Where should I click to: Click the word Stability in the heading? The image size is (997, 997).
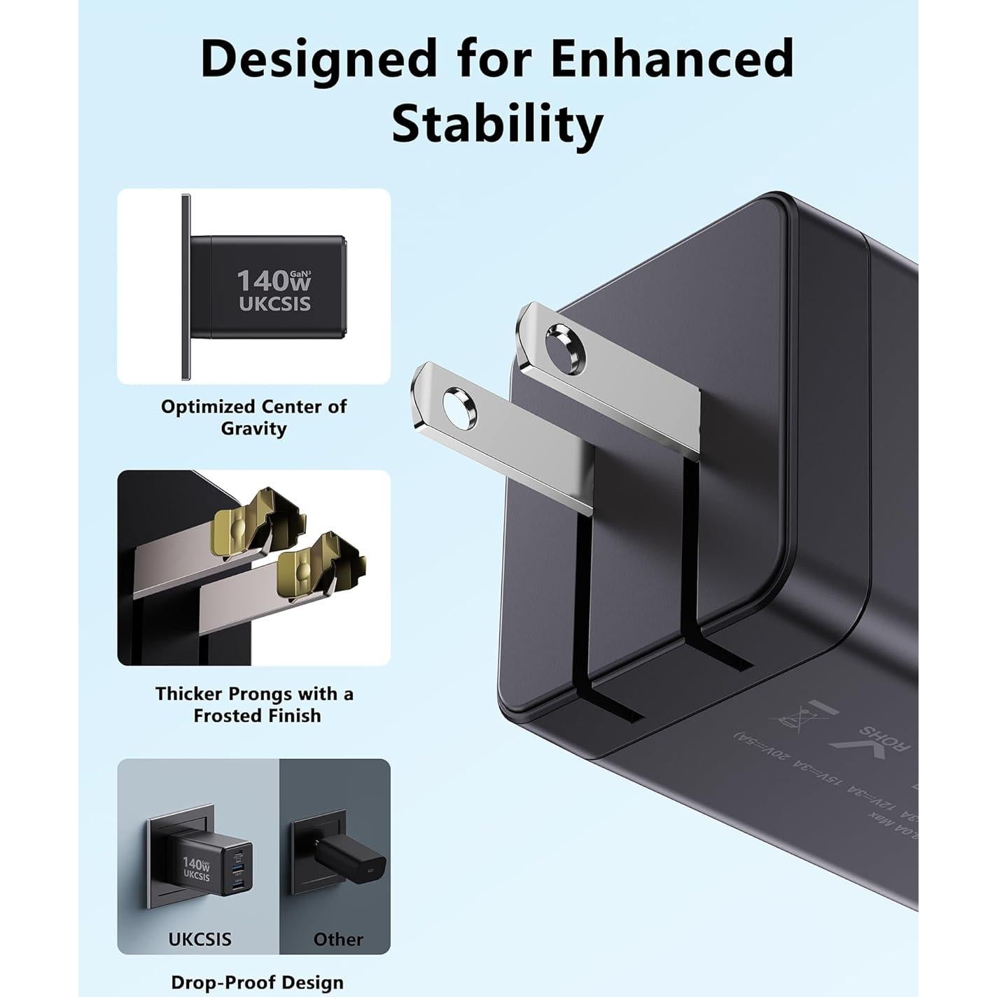pyautogui.click(x=497, y=124)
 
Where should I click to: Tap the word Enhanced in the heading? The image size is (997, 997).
pyautogui.click(x=673, y=59)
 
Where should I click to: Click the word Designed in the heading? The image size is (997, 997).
pyautogui.click(x=319, y=59)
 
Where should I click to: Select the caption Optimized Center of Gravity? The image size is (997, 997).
pyautogui.click(x=253, y=417)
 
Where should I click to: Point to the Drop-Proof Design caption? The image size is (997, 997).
pyautogui.click(x=258, y=982)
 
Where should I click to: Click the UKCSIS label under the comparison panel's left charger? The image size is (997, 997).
pyautogui.click(x=200, y=939)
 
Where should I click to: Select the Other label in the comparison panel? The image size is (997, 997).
pyautogui.click(x=338, y=939)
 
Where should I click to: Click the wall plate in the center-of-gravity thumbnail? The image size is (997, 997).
pyautogui.click(x=186, y=287)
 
